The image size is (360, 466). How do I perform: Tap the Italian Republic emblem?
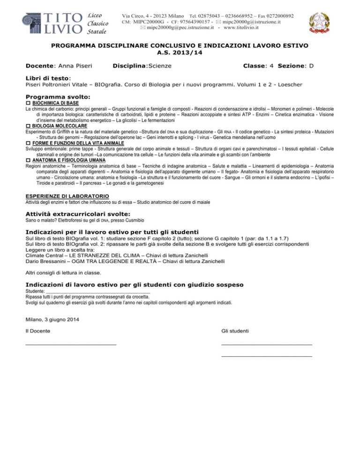[x=322, y=23]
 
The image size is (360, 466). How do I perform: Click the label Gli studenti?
[x=235, y=331]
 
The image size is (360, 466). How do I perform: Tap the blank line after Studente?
[x=98, y=293]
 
